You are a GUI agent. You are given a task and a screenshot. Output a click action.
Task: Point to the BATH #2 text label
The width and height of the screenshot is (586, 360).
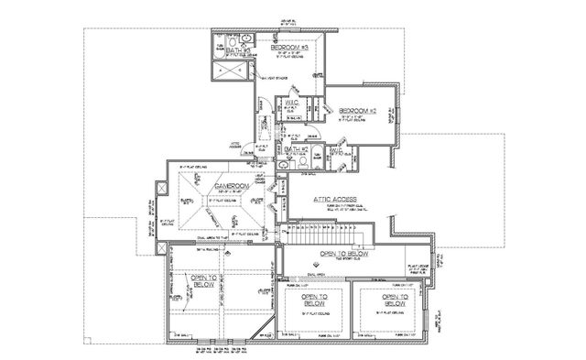click(x=295, y=148)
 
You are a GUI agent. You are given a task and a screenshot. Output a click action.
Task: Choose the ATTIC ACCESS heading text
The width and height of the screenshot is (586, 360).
click(x=335, y=196)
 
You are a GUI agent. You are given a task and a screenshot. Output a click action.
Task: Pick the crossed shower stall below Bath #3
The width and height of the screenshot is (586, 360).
click(x=224, y=73)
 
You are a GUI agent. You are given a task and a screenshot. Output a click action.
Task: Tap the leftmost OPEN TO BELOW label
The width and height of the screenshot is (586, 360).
click(x=197, y=279)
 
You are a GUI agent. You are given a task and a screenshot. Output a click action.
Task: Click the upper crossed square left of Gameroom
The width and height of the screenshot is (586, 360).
click(x=163, y=189)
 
